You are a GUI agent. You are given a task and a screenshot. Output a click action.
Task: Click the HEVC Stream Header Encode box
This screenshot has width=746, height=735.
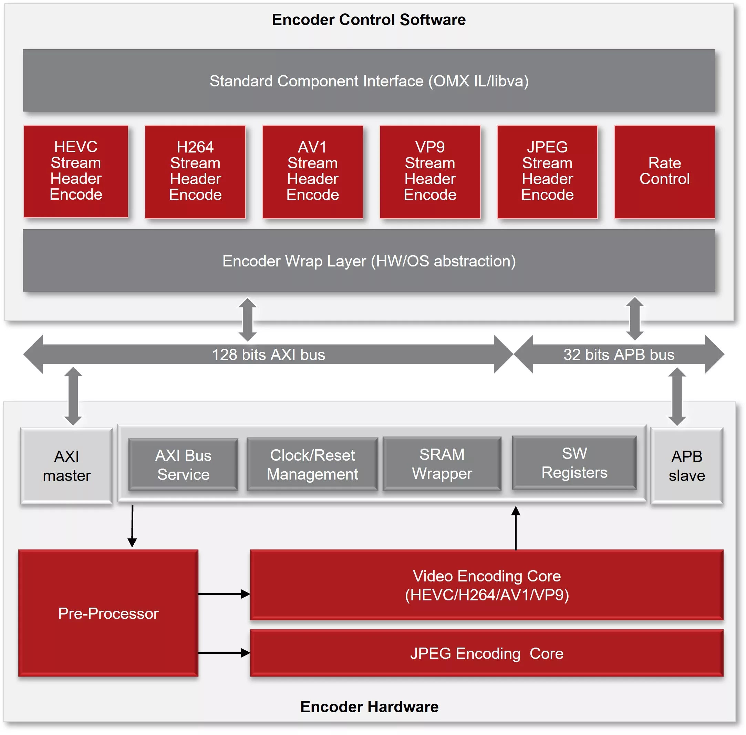point(76,171)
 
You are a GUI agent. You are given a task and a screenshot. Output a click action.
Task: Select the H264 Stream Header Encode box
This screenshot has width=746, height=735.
point(195,171)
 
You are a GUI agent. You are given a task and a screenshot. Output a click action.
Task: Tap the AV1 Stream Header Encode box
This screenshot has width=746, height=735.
point(312,171)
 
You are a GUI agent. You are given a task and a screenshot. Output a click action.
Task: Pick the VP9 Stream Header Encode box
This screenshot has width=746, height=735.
point(430,171)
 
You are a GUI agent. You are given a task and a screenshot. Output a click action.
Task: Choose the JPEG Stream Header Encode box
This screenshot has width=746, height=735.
point(547,171)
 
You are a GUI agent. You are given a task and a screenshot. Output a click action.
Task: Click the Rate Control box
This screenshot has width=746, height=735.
point(664,171)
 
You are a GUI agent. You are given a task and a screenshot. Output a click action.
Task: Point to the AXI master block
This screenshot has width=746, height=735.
point(66,465)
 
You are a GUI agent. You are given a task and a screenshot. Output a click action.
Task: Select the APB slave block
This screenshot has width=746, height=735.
point(686,465)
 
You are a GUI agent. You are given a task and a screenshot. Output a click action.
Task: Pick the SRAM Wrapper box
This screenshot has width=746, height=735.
point(442,464)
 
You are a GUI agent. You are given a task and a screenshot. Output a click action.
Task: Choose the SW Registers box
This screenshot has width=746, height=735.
point(574,462)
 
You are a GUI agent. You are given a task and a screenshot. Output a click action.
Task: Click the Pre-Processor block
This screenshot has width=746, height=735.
point(108,613)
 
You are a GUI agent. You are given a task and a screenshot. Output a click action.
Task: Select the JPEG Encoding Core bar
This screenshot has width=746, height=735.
point(487,653)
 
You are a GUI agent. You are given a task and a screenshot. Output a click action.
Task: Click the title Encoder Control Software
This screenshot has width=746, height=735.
point(369,20)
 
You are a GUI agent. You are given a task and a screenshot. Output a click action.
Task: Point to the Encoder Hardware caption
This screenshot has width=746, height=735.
point(369,707)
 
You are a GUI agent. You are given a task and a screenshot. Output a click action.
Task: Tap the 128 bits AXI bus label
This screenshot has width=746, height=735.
point(268,355)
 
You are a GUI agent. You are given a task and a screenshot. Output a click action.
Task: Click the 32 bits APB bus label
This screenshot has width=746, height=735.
point(619,355)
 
